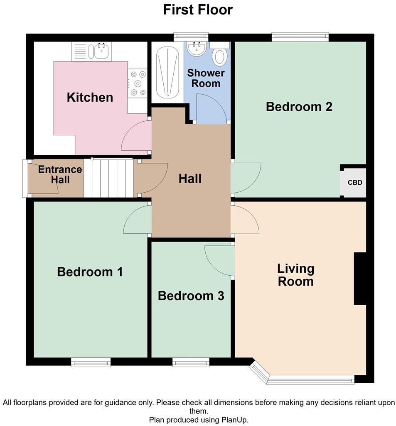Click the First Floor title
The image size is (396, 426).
[x=198, y=10]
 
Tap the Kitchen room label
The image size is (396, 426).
[x=90, y=98]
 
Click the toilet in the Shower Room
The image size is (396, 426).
[x=219, y=56]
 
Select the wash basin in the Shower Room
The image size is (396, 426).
[x=197, y=49]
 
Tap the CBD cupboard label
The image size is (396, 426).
[x=354, y=182]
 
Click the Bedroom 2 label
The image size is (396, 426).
[x=299, y=107]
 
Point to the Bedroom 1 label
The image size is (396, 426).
[x=90, y=272]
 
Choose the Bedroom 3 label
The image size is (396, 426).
[x=191, y=296]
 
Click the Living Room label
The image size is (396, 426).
[x=295, y=275]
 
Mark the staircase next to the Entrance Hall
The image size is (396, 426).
[x=109, y=178]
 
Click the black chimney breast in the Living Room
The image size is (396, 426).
[x=360, y=279]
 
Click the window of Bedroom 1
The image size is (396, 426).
[x=91, y=362]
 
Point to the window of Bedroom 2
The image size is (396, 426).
[x=300, y=37]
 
